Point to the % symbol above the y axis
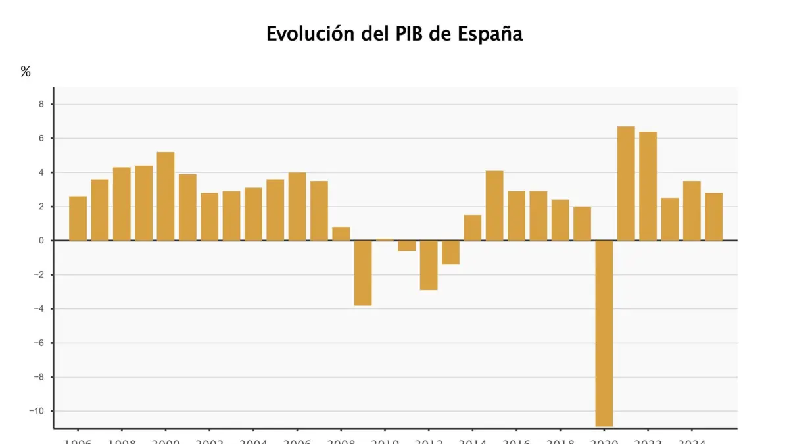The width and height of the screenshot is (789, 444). (26, 72)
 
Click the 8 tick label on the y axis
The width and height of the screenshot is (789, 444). (41, 104)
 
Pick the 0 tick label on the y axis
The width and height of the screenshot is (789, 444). (41, 241)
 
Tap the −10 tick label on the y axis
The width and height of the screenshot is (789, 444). (37, 411)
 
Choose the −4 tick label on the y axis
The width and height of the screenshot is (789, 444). (39, 308)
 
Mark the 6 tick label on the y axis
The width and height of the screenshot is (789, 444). (41, 138)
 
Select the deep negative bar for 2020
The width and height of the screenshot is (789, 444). (604, 333)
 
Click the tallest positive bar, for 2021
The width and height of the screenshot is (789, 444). (626, 184)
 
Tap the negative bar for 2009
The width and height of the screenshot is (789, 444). (363, 273)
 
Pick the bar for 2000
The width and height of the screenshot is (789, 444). (166, 196)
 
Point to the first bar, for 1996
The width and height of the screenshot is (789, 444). (78, 218)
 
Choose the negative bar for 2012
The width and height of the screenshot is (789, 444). (429, 265)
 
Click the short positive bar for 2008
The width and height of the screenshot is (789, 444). (341, 234)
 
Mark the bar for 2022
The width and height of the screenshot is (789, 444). (648, 186)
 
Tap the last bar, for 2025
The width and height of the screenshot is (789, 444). (713, 216)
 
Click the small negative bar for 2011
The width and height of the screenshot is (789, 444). (407, 246)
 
